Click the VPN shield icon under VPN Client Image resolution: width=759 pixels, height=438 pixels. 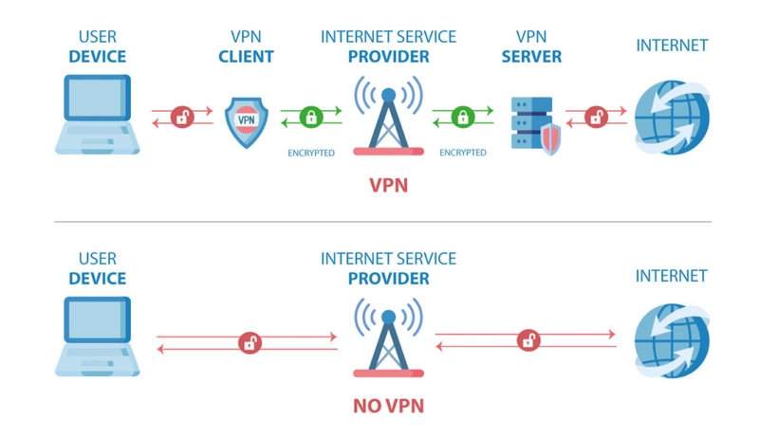247,122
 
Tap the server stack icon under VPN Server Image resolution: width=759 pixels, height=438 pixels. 532,123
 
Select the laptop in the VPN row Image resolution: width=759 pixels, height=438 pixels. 98,115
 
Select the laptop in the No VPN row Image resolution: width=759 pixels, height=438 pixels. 98,337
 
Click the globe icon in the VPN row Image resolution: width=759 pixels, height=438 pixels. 672,118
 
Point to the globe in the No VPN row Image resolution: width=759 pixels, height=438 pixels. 672,340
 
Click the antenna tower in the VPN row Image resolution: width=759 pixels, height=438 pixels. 388,116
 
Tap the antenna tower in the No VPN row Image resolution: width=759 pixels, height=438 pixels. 388,338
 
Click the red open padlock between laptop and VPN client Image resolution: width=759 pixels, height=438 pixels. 182,117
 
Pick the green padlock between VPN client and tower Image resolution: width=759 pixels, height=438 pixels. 311,117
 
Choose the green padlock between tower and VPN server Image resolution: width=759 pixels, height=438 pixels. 463,117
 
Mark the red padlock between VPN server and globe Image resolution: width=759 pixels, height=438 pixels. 596,117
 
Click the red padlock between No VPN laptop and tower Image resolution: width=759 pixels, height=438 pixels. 250,343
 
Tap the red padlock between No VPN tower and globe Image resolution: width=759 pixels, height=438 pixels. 528,339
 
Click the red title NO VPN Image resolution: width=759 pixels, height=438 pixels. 388,406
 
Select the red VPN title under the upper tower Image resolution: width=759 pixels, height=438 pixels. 388,186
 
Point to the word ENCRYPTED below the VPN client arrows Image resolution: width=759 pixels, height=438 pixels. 311,154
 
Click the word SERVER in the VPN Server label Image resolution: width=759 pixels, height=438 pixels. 531,57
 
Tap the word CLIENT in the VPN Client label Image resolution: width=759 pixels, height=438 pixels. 246,57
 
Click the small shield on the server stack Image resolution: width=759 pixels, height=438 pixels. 550,138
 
